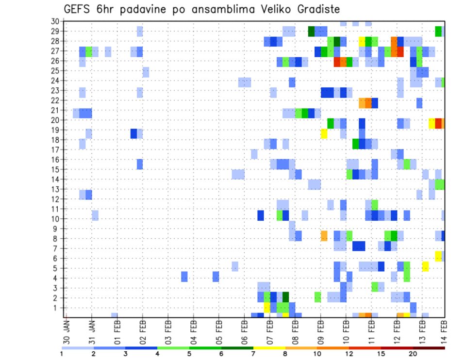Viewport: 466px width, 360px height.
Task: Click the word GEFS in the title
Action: click(78, 9)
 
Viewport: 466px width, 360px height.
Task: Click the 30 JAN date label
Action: click(67, 330)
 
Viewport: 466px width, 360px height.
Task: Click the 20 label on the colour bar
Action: click(413, 354)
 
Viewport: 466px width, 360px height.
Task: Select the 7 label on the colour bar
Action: click(253, 354)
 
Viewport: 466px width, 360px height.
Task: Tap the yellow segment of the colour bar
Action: click(269, 348)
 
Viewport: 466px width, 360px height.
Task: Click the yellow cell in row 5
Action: click(426, 266)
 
